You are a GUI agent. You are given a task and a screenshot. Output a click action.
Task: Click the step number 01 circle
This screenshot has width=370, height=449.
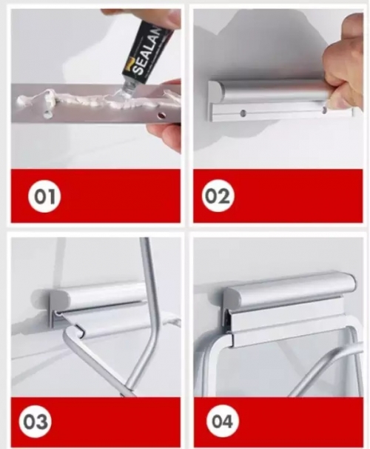(44, 196)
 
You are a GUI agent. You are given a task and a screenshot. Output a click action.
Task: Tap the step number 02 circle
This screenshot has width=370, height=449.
(218, 196)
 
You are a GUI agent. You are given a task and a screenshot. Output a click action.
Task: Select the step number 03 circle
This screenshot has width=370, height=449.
(36, 422)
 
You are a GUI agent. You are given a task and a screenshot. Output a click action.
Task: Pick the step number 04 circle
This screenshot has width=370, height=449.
(223, 422)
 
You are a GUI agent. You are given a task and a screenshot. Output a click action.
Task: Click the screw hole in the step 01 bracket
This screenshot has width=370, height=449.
(161, 116)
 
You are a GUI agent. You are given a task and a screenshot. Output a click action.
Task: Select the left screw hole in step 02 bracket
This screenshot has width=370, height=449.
(243, 113)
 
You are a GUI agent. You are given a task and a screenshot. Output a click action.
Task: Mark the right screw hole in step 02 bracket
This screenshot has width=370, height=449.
(324, 110)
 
